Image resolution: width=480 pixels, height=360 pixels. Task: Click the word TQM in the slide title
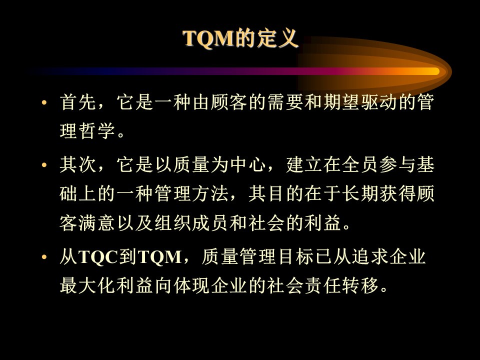click(x=208, y=38)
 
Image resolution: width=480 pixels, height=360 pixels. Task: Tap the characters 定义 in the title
click(x=277, y=38)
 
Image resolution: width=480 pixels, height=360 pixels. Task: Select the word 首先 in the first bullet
click(x=78, y=102)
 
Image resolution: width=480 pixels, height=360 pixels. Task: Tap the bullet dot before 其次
click(x=44, y=165)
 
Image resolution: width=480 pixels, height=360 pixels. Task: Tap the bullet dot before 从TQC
click(x=44, y=257)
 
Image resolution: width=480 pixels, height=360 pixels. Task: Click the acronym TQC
click(x=98, y=257)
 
